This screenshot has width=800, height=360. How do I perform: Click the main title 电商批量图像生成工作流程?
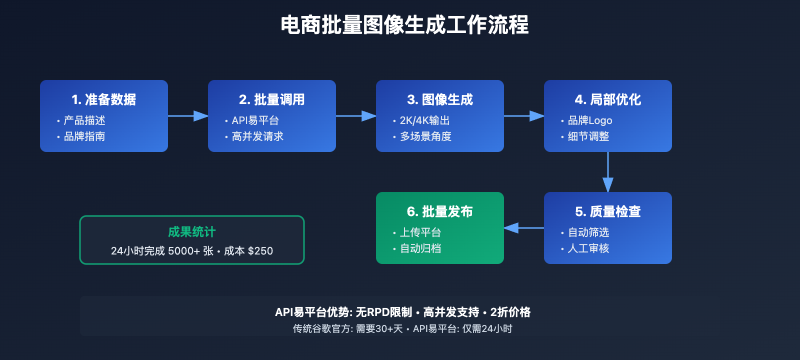pos(404,25)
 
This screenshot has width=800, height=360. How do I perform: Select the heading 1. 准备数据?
pos(104,99)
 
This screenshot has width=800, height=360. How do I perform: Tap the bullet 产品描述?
pos(84,120)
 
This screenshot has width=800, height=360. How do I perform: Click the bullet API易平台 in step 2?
pos(255,120)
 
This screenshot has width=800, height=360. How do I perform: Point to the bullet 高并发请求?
pos(257,136)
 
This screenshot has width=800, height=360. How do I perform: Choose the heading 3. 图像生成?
pos(440,99)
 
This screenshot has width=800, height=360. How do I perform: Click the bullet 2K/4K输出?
pos(424,120)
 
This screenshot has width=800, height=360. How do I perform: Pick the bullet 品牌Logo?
pos(590,120)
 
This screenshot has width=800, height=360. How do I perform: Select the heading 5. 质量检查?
pos(608,211)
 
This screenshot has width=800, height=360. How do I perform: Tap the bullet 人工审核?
pos(588,248)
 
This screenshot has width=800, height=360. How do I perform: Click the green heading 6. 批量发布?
pos(440,211)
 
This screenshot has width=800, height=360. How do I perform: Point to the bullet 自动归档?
pos(420,248)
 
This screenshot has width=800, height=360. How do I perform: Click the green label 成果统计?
pos(192,232)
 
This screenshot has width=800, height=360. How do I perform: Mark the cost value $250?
pos(260,251)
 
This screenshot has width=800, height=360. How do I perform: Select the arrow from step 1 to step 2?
pos(188,116)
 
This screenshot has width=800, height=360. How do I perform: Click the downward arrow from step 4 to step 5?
pos(608,172)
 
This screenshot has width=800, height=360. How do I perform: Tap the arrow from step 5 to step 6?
pos(523,228)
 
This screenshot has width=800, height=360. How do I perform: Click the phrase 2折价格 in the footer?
pos(510,312)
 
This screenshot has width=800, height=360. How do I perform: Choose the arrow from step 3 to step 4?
pos(524,116)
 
